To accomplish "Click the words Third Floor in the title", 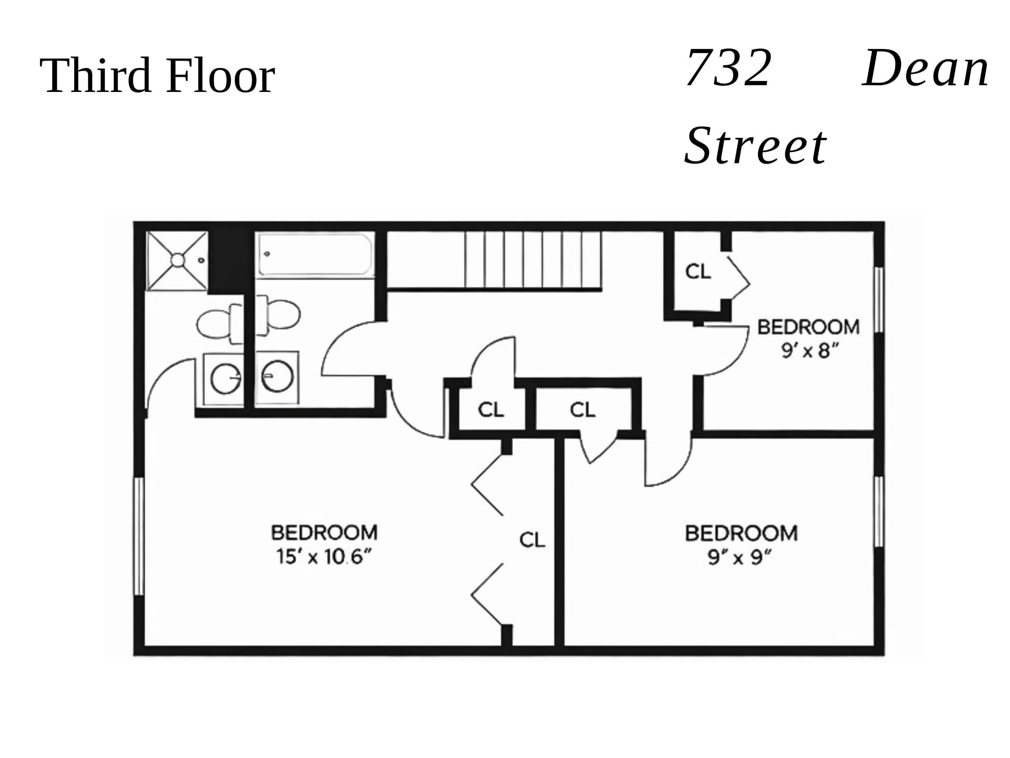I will point(157,75).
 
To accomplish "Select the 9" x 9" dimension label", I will point(740,557).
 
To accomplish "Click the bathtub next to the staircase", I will point(315,255).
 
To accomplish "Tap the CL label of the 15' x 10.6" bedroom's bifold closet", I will point(532,540).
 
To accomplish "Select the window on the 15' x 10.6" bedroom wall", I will point(139,537).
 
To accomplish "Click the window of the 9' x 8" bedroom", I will point(878,300).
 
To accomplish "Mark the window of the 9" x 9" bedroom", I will point(878,511).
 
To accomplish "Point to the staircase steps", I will point(532,260).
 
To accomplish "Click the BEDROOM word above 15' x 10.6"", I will point(324,533).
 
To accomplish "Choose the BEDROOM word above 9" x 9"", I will point(741,534).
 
